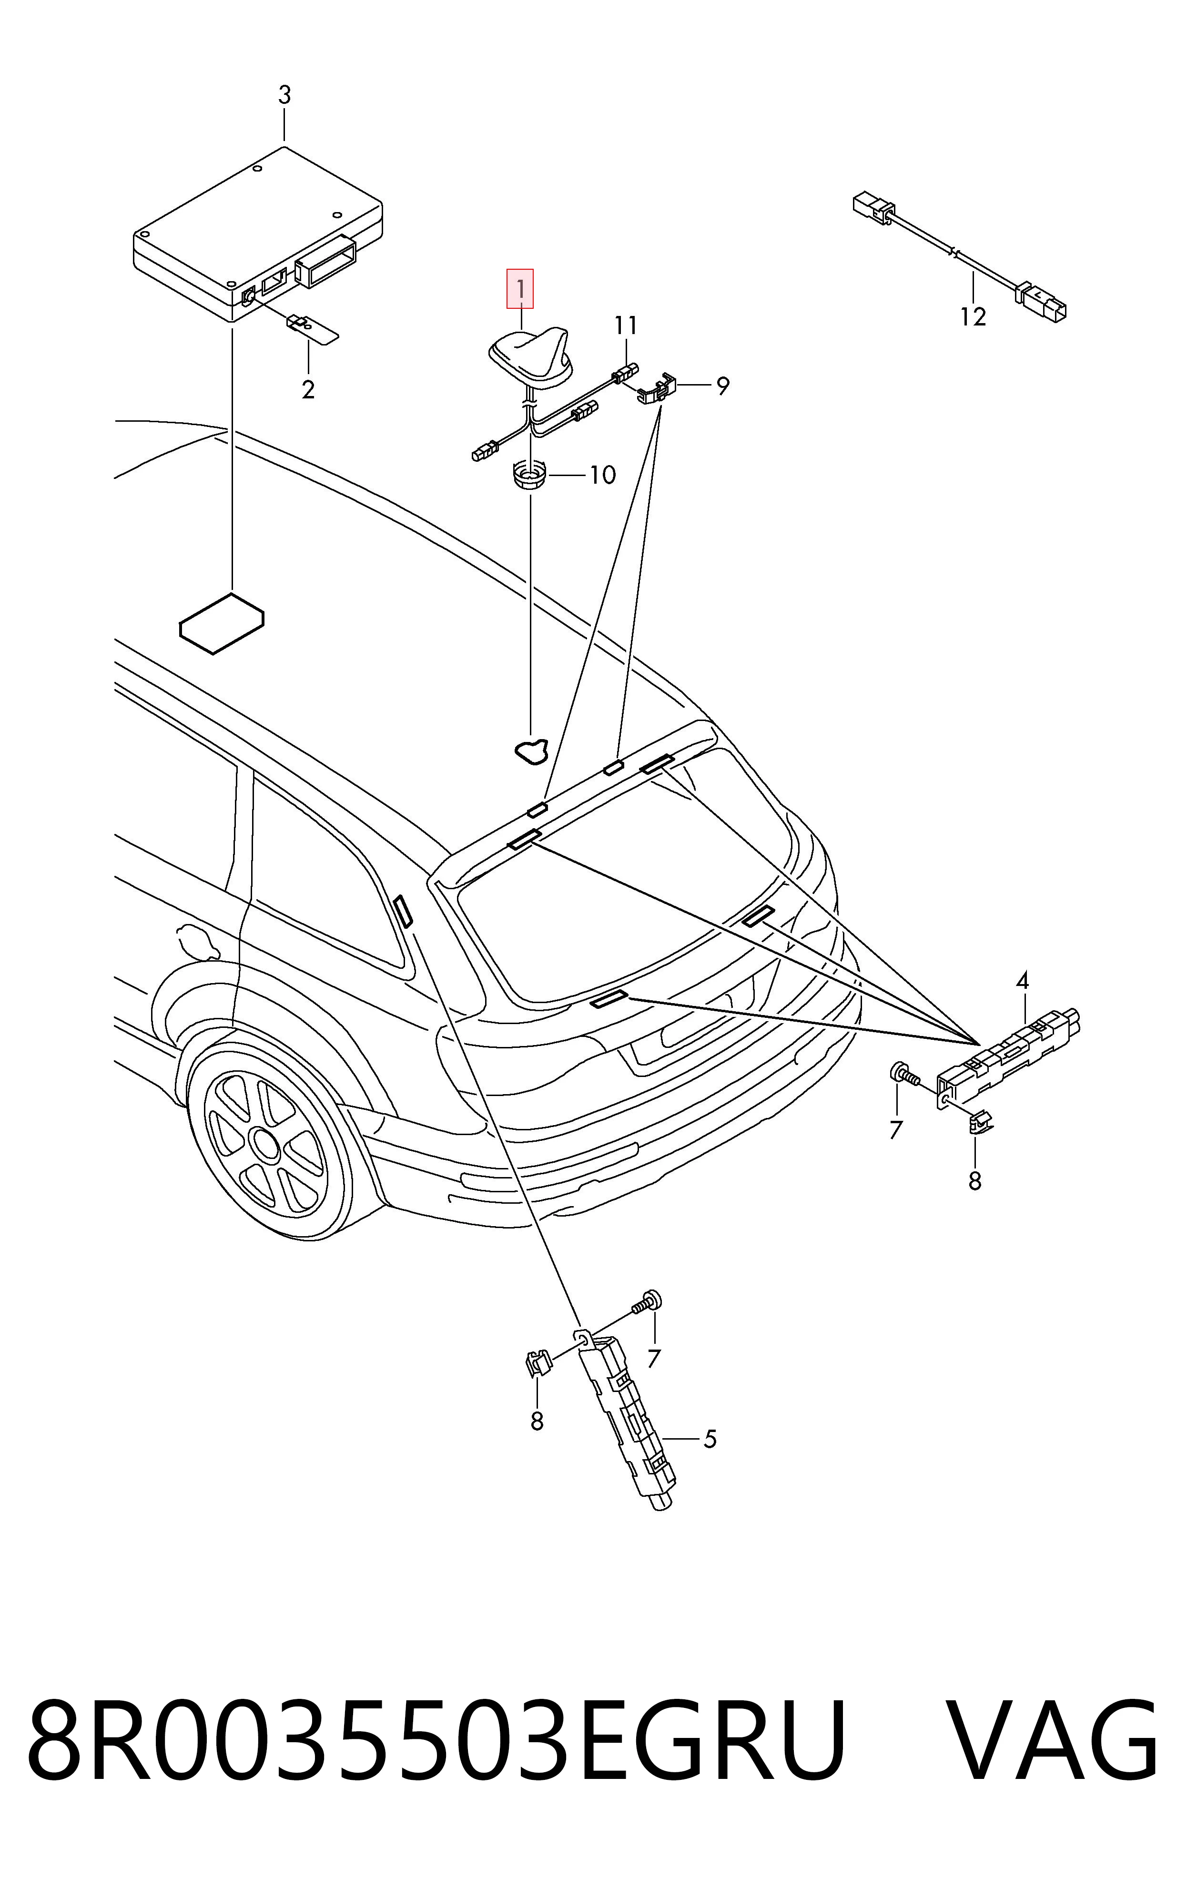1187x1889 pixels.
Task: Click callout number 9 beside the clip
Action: tap(722, 386)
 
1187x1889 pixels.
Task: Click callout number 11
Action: tap(626, 325)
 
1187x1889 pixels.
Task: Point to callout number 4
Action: tap(1022, 981)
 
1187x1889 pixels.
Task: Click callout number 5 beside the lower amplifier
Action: tap(709, 1439)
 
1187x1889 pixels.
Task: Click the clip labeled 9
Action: tap(660, 387)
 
